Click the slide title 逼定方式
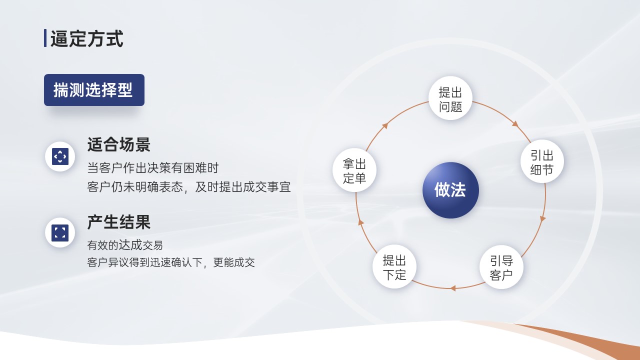click(87, 38)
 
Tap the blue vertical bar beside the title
click(45, 38)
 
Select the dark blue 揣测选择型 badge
click(94, 90)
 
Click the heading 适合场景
click(118, 144)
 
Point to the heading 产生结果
click(118, 222)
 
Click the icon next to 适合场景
click(60, 156)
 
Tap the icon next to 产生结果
click(60, 232)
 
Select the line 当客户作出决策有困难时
click(153, 167)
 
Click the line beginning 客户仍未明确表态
click(189, 187)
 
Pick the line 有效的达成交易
click(125, 245)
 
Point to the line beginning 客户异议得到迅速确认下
click(171, 262)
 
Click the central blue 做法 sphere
click(450, 190)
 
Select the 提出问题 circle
click(450, 98)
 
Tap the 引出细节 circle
click(541, 161)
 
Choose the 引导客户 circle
click(501, 267)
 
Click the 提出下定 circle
click(394, 266)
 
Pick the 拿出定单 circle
click(354, 170)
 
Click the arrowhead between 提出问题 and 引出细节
click(515, 124)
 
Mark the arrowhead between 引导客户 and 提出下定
click(452, 288)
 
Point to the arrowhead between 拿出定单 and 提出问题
click(385, 125)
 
